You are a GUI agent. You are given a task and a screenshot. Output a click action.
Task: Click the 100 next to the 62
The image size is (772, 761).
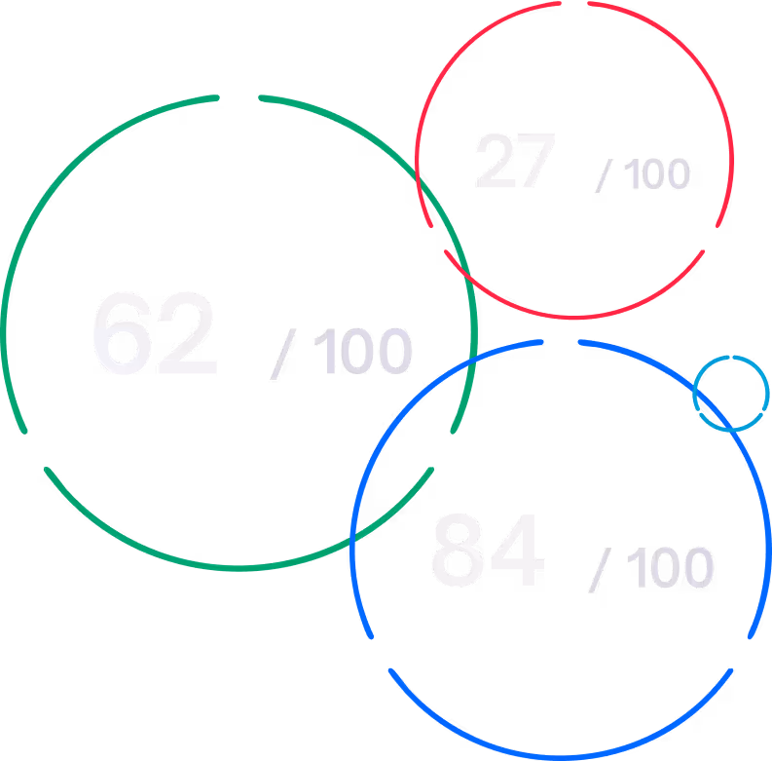363,352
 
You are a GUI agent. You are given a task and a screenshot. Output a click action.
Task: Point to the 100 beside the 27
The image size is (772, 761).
656,175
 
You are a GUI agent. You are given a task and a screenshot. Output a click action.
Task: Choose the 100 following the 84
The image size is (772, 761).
670,568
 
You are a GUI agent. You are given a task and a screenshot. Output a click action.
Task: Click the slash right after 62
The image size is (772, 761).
281,353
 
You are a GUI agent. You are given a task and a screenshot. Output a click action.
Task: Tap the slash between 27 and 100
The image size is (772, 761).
605,176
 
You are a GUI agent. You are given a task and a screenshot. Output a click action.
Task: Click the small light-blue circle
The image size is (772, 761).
731,394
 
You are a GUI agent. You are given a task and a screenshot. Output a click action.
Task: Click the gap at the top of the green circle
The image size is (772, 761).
239,96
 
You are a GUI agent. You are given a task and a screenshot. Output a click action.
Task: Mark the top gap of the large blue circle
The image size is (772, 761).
561,341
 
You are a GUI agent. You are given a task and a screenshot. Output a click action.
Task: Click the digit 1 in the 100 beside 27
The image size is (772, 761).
630,175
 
